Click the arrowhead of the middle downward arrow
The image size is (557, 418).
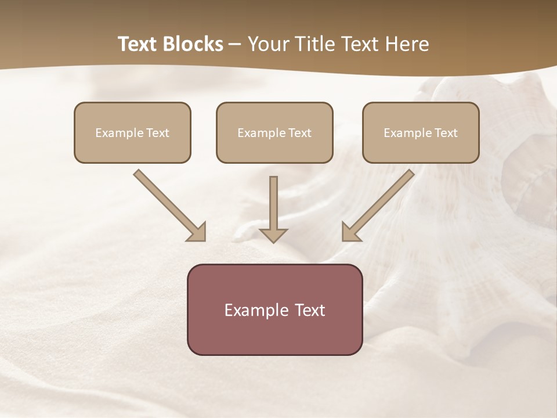click(274, 235)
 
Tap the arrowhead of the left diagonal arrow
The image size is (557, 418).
click(197, 232)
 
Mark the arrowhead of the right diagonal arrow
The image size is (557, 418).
click(351, 232)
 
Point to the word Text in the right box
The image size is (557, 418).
click(446, 133)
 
